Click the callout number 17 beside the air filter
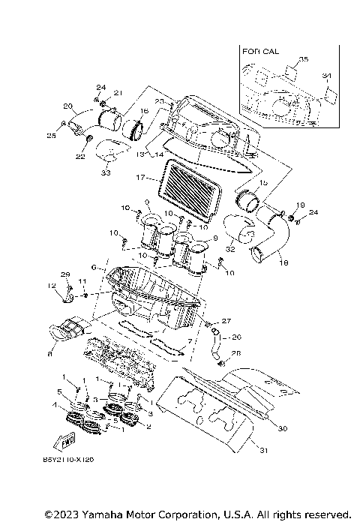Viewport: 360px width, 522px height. tap(139, 178)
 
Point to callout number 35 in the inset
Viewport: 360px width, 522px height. tap(304, 58)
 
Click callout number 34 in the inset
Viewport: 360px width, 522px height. tap(325, 76)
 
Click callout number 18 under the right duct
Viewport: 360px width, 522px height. tap(283, 264)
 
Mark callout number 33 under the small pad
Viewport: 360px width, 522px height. tap(105, 172)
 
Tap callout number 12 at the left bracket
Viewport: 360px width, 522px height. tap(51, 286)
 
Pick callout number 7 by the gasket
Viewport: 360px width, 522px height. tap(190, 341)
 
